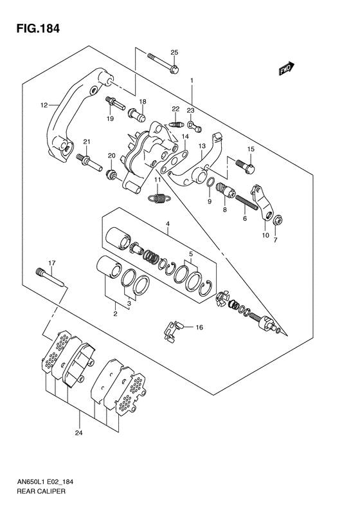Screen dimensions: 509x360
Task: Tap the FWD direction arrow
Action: [287, 69]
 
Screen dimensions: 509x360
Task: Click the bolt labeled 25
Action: [163, 62]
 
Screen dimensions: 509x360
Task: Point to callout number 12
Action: [44, 105]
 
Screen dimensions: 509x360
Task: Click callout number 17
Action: [52, 263]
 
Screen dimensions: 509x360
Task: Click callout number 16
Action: [199, 327]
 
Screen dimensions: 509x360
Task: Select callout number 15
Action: [251, 149]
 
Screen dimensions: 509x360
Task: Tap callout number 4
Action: [166, 224]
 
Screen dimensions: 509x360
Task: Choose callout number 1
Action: [191, 80]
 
